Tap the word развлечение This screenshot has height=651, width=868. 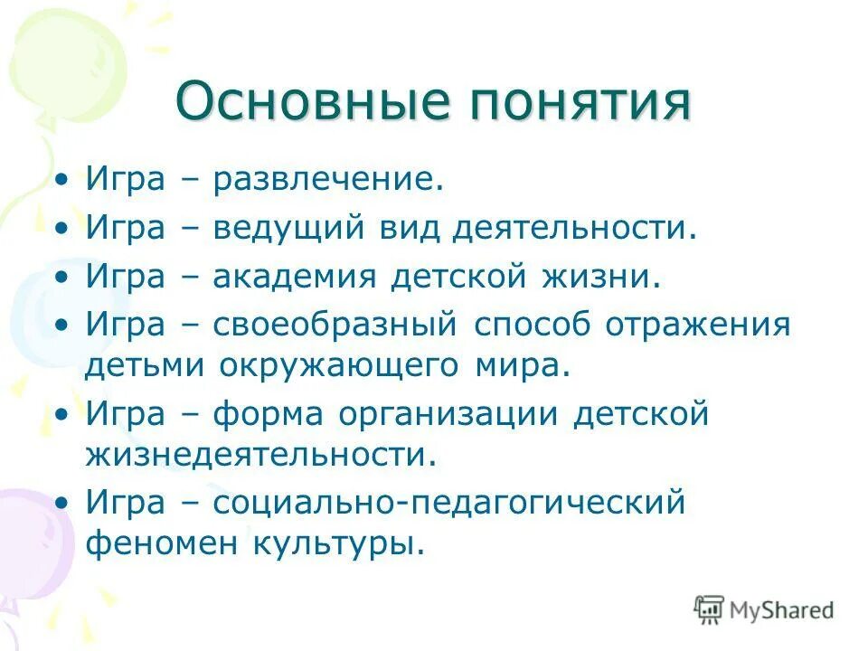click(328, 179)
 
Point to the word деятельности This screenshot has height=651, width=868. click(575, 228)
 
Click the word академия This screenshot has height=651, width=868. click(294, 276)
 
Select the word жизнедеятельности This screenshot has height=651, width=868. click(261, 455)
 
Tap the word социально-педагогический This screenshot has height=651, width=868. click(449, 503)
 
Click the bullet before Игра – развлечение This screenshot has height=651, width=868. click(61, 180)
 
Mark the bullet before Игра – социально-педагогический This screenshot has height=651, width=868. click(61, 504)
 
